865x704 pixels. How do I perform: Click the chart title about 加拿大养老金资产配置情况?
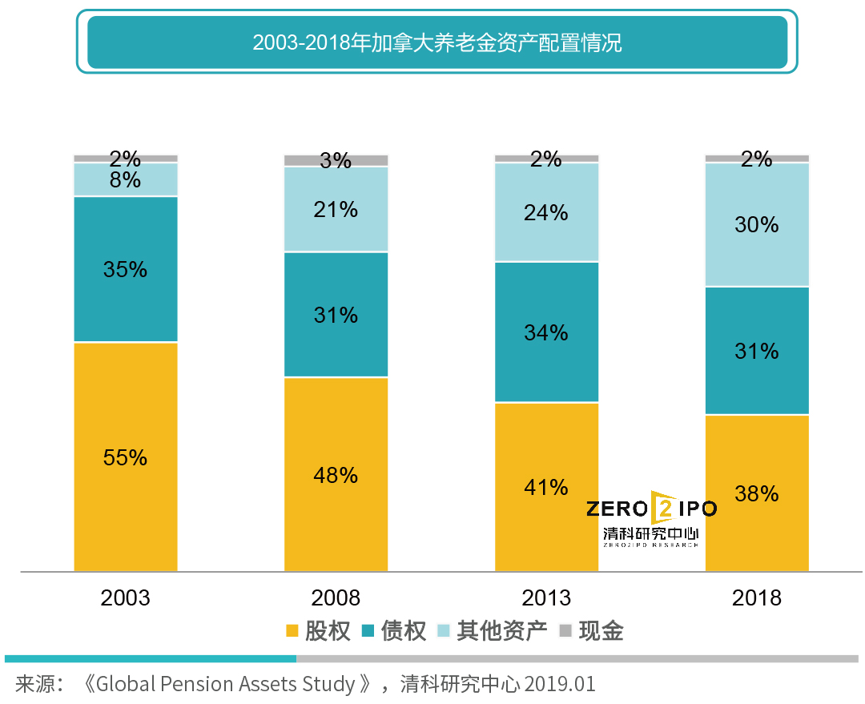[x=437, y=42]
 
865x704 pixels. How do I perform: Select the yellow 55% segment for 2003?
[x=126, y=457]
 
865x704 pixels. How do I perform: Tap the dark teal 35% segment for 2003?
[x=126, y=269]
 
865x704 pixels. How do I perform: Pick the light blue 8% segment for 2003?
[x=126, y=180]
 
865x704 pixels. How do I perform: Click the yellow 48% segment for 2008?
[x=336, y=474]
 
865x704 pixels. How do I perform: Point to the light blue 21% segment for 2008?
[x=336, y=210]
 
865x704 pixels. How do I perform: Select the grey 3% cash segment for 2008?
[x=336, y=160]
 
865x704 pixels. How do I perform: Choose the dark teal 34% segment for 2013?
[x=546, y=332]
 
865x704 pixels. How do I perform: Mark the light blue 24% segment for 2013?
[x=546, y=212]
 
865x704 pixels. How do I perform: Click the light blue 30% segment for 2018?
[x=757, y=224]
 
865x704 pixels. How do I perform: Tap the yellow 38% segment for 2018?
[x=757, y=493]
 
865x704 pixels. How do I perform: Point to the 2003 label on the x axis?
[x=126, y=597]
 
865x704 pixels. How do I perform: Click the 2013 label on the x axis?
[x=546, y=597]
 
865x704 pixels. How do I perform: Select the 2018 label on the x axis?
[x=757, y=597]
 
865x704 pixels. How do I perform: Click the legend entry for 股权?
[x=319, y=631]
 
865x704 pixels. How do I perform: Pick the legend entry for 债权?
[x=394, y=631]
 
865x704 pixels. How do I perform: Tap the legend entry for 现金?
[x=591, y=631]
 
